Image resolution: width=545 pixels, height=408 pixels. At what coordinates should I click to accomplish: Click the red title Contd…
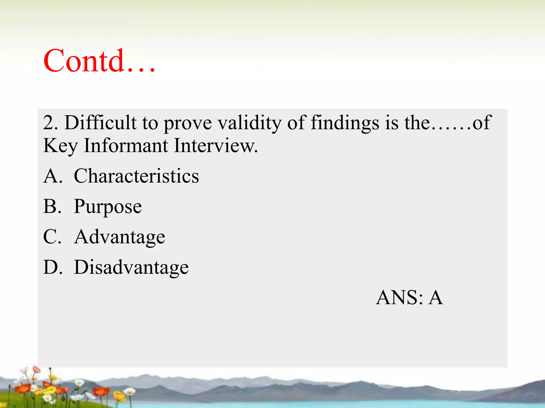pos(99,61)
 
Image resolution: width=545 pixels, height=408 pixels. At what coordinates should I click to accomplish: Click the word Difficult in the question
pos(101,123)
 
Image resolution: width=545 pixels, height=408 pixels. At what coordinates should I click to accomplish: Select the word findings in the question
pos(345,123)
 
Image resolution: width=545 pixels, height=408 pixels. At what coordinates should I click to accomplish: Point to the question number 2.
pos(50,123)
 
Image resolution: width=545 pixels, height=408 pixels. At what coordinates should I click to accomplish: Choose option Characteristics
pos(136,176)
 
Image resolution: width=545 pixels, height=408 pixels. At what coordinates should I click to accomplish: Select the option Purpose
pos(108,207)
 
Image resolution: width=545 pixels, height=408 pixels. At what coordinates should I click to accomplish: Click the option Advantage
pos(119,237)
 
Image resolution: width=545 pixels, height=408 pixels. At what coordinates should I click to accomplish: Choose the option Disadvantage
pos(131,267)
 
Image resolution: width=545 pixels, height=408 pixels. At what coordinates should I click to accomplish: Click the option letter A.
pos(52,176)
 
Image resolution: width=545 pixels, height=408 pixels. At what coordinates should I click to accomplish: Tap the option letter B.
pos(52,206)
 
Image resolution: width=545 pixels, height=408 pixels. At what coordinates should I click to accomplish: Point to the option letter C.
pos(52,237)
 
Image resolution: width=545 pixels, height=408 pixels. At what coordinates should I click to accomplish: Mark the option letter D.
pos(52,267)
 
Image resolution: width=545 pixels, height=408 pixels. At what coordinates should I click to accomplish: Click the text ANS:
pos(399,297)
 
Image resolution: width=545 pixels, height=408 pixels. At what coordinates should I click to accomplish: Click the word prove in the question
pos(188,123)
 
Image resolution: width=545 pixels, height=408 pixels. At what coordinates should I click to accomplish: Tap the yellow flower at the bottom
pos(119,396)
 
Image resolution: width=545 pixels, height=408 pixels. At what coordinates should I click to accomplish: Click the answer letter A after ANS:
pos(436,297)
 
